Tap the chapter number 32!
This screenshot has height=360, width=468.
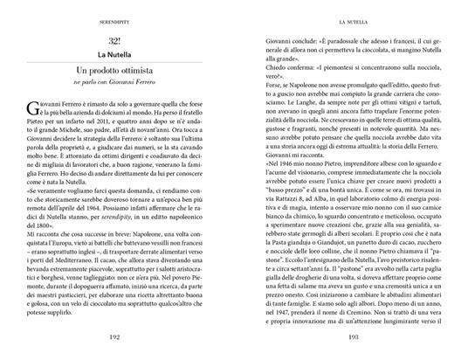(x=114, y=42)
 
